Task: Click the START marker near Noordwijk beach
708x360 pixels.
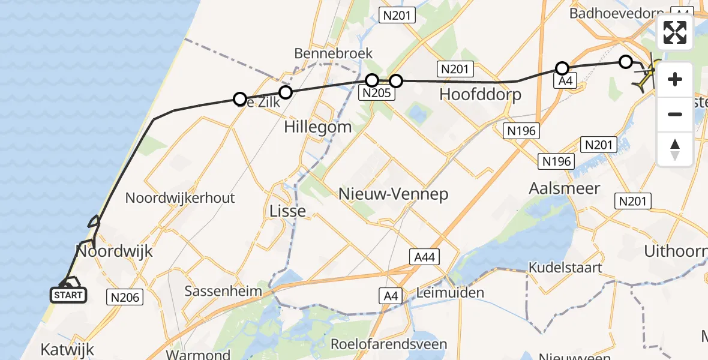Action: [x=68, y=295]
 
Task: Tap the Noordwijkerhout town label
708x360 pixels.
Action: [x=180, y=198]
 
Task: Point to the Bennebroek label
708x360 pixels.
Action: [x=334, y=53]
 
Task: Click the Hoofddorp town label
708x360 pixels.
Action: [x=480, y=94]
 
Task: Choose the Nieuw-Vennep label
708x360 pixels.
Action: [x=393, y=193]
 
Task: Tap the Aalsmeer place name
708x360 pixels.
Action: [x=564, y=188]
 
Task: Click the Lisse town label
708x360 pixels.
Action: [x=288, y=211]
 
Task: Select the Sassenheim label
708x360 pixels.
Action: [x=223, y=291]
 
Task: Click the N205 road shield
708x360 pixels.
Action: [x=376, y=92]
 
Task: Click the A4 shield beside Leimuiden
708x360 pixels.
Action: [x=391, y=295]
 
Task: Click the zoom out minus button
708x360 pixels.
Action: [x=675, y=114]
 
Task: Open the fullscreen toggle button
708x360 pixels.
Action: [x=675, y=32]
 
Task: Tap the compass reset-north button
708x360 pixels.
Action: [x=675, y=149]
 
